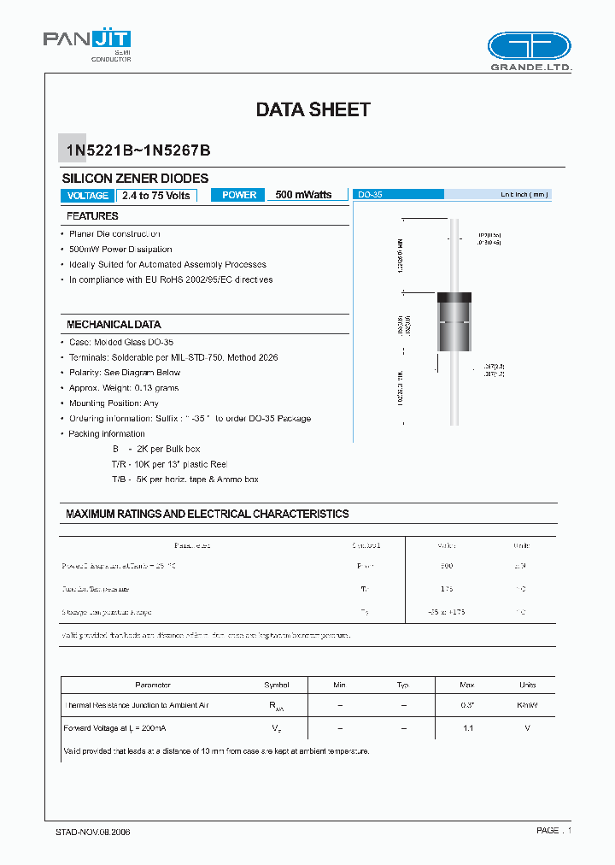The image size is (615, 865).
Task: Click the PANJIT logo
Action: click(x=86, y=41)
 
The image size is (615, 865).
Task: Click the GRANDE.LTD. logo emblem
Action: click(x=528, y=46)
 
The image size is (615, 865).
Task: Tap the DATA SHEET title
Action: click(x=313, y=109)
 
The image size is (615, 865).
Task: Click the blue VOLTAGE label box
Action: click(x=87, y=196)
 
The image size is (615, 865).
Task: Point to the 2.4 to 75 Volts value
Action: click(x=155, y=196)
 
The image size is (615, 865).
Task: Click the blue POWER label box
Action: click(x=239, y=195)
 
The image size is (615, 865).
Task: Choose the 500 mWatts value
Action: click(x=303, y=195)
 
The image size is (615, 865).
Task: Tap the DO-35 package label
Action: click(x=371, y=195)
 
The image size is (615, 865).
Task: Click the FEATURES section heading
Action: click(x=92, y=216)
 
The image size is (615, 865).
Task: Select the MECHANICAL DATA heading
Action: click(x=114, y=325)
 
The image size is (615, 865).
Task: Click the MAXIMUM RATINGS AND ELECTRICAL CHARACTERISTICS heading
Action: click(x=208, y=514)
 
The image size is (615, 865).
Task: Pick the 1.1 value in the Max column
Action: click(x=467, y=727)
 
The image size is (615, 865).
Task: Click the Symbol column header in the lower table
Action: click(x=277, y=685)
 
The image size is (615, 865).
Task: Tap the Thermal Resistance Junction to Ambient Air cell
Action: click(x=136, y=705)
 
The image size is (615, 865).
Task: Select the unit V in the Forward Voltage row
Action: click(x=527, y=727)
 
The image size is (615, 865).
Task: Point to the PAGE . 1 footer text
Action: click(x=553, y=830)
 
